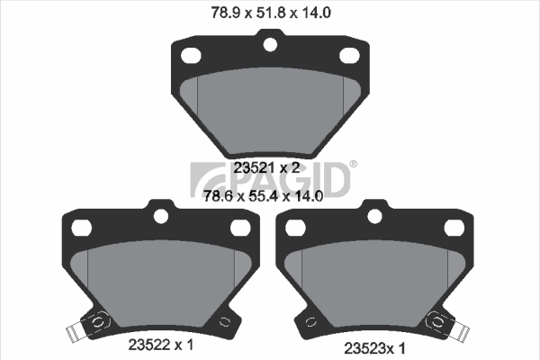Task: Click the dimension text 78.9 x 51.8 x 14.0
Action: (x=271, y=13)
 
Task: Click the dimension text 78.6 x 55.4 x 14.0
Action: (x=264, y=196)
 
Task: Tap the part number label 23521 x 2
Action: (x=266, y=168)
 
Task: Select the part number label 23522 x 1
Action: (x=161, y=345)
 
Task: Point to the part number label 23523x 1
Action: (x=374, y=348)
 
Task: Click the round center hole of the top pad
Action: (x=270, y=44)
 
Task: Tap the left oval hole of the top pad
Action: (x=191, y=56)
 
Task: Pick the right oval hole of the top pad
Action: (x=349, y=56)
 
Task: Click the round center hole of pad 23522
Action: (x=161, y=216)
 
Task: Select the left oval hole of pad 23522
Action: (x=82, y=228)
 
